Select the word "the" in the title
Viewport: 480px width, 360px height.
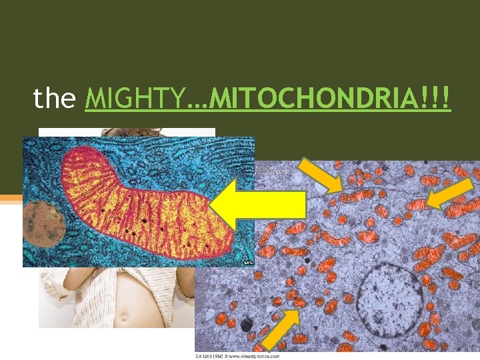point(55,99)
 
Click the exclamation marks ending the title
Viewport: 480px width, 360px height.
point(440,99)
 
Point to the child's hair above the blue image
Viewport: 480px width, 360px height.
point(127,132)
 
